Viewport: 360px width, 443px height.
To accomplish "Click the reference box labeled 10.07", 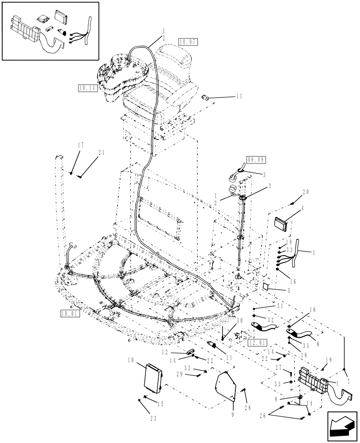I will [188, 42].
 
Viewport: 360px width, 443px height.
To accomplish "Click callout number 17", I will [80, 145].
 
